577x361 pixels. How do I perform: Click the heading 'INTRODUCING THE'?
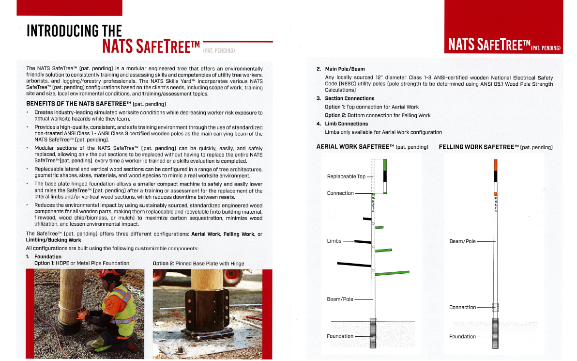(x=74, y=31)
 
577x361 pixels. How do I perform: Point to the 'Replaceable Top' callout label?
(x=346, y=176)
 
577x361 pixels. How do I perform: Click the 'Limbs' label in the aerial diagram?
(x=334, y=241)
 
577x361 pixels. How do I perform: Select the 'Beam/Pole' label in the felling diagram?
(x=462, y=241)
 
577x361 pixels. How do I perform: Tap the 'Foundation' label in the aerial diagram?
(x=340, y=336)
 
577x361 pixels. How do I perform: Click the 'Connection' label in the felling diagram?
(x=462, y=307)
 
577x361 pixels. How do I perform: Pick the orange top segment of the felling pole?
(x=495, y=165)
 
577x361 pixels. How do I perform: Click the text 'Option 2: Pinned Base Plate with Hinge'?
(x=198, y=264)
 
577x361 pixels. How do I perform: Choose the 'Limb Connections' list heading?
(x=346, y=124)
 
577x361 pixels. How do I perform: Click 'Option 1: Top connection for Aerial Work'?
(x=372, y=107)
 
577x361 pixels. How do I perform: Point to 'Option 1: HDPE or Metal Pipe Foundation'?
(x=82, y=263)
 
